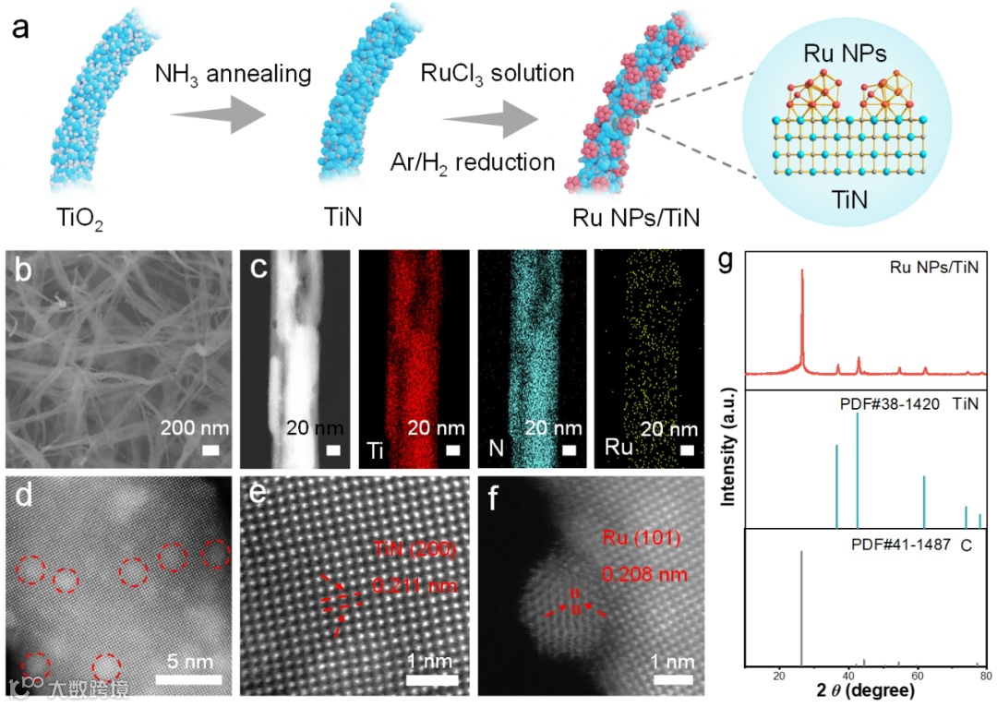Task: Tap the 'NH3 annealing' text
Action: [232, 73]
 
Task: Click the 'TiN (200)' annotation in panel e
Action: [414, 552]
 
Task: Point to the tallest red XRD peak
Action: [801, 270]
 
